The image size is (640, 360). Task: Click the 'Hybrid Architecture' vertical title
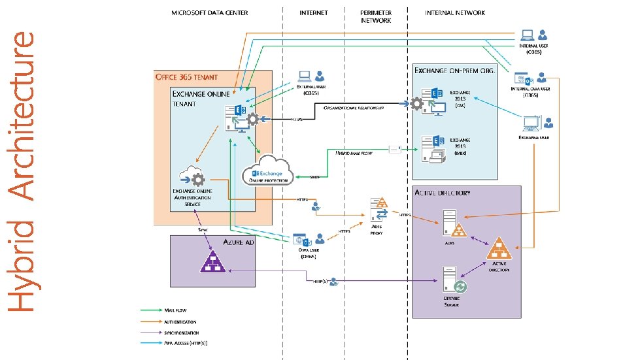(x=24, y=171)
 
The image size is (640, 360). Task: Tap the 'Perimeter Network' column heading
(x=377, y=16)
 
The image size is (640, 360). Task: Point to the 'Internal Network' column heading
(x=455, y=13)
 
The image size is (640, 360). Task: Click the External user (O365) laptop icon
(x=305, y=76)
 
